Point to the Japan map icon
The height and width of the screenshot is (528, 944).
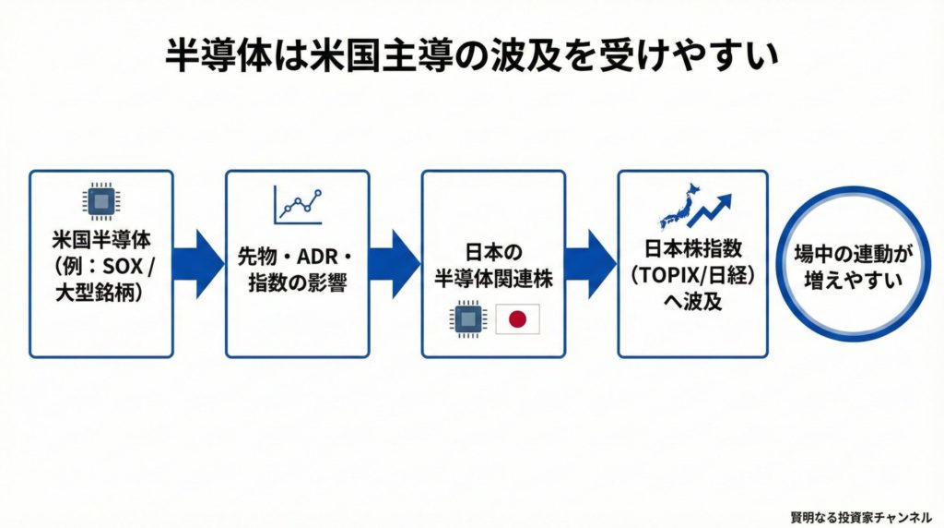[x=678, y=209]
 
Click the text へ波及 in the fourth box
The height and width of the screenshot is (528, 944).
[x=692, y=300]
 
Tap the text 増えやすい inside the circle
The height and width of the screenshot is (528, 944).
[x=853, y=277]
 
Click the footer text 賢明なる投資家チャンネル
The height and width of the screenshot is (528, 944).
[x=861, y=515]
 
